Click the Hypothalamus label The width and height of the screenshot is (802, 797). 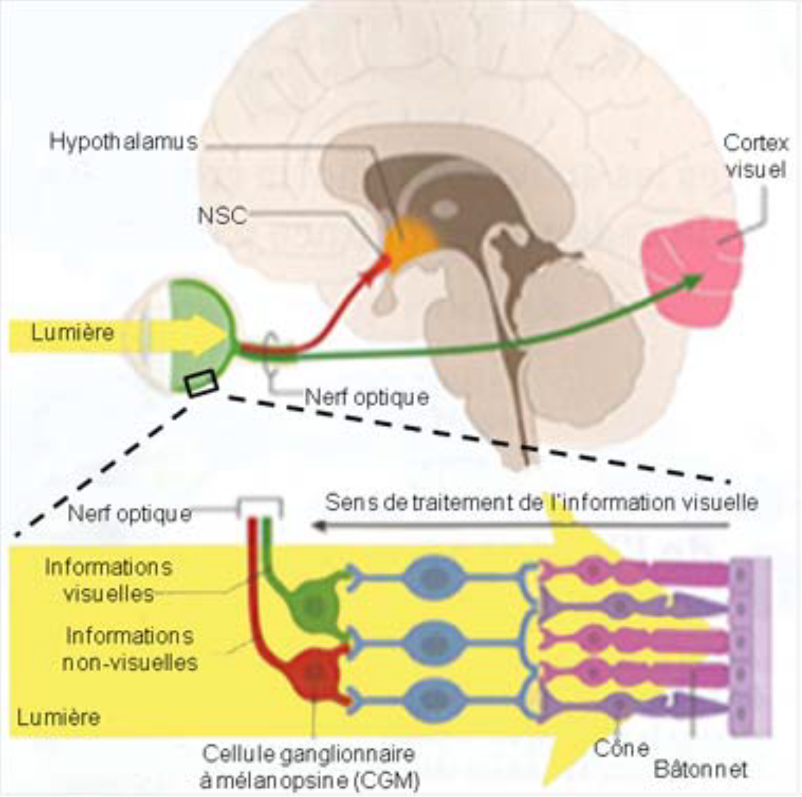123,142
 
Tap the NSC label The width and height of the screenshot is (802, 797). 222,216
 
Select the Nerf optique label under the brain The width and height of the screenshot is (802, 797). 366,398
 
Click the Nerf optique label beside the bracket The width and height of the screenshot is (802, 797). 129,513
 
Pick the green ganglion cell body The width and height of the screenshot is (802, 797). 312,603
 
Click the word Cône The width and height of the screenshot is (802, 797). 621,748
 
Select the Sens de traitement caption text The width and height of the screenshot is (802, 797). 542,503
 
